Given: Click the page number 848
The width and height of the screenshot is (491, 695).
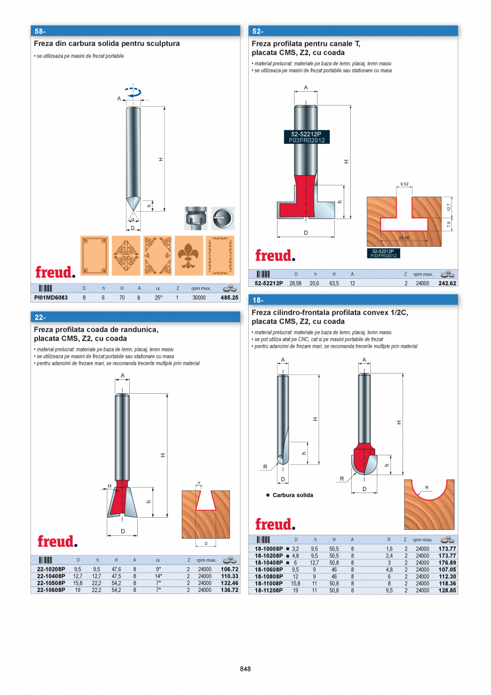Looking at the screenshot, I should click(245, 669).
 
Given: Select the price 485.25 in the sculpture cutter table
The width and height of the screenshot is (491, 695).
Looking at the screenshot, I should click(229, 298).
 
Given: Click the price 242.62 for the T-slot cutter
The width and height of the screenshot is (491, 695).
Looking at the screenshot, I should click(447, 284).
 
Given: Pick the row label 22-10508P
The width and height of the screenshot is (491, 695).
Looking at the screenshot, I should click(51, 583).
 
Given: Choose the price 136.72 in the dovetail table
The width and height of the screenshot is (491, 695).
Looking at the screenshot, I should click(229, 590).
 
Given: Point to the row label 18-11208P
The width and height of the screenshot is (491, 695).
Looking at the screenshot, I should click(268, 590).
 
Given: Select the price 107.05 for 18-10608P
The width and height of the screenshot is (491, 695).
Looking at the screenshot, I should click(447, 569).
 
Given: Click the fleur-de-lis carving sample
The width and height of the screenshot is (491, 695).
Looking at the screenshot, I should click(188, 255).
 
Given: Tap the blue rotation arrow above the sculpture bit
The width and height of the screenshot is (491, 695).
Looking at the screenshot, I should click(133, 92).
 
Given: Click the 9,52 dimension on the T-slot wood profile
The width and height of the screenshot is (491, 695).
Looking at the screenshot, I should click(403, 184).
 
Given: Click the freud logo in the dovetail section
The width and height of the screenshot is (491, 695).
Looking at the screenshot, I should click(57, 541).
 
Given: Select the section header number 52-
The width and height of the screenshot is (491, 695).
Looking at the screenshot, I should click(258, 31).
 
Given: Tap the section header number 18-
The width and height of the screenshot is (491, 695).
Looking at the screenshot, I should click(258, 300).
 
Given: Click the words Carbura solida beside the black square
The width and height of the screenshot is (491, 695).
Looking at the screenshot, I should click(292, 495).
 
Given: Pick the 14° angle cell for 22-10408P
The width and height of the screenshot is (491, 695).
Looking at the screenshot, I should click(158, 576).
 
